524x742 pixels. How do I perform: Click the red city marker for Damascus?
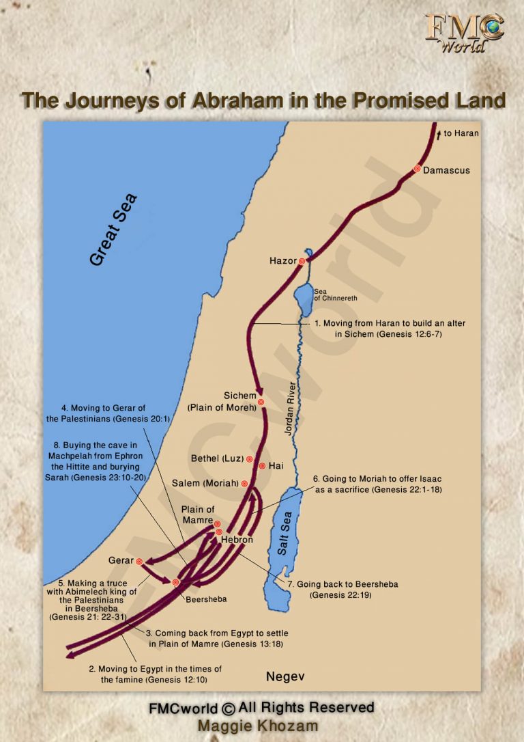point(417,169)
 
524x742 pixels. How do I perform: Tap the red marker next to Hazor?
point(302,261)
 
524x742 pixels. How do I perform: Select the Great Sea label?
point(114,229)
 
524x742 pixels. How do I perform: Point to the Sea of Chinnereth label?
point(335,295)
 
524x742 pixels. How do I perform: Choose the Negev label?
point(285,676)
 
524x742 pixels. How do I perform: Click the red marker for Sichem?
point(261,402)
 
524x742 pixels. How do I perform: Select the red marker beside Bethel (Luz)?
point(250,459)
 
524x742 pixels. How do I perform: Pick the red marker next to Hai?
point(262,466)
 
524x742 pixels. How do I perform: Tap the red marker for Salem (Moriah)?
point(244,483)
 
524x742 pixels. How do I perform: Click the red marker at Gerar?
point(139,561)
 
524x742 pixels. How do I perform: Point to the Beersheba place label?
point(206,599)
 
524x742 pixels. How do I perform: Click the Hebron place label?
point(237,540)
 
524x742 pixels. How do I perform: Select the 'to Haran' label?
point(461,133)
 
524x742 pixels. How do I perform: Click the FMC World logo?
point(464,32)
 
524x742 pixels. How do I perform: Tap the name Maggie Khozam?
point(261,726)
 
